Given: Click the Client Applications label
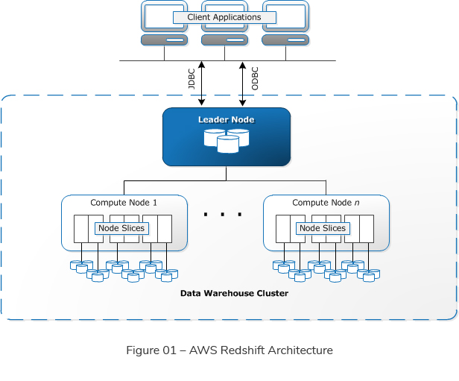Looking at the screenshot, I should [224, 17].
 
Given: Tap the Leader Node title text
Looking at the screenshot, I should [226, 120].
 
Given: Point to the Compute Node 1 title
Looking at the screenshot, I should [124, 203].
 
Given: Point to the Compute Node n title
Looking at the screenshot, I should [326, 203].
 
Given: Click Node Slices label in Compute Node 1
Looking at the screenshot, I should [121, 228].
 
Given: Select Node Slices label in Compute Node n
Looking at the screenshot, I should [323, 228].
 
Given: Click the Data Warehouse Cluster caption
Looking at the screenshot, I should [234, 294].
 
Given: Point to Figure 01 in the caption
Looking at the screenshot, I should [151, 350].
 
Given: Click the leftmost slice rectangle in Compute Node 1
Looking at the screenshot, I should [80, 229].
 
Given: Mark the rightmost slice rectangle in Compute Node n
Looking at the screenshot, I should [366, 229].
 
